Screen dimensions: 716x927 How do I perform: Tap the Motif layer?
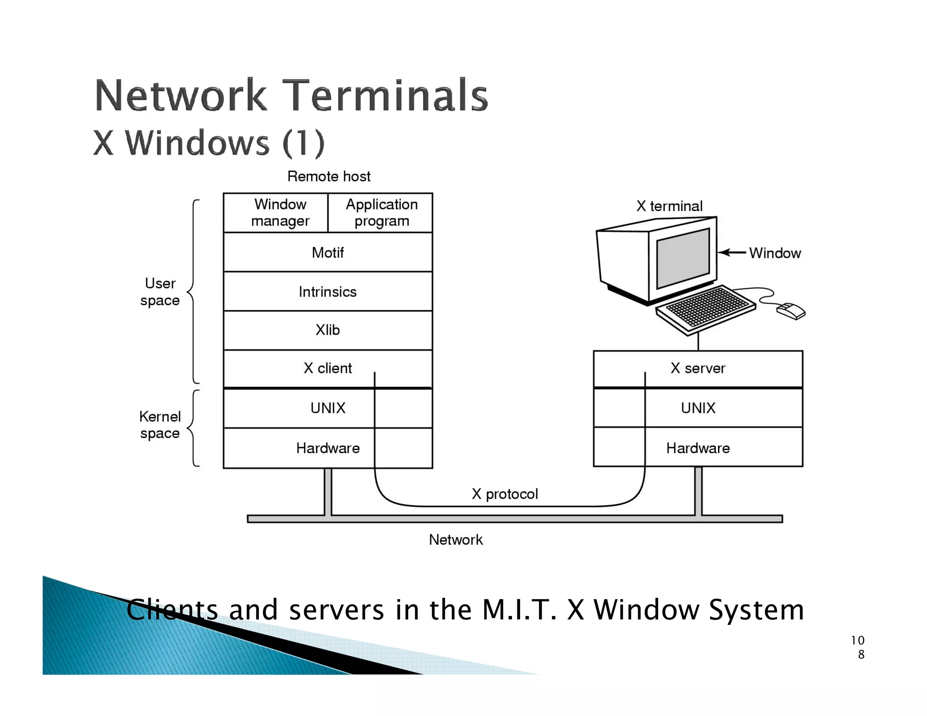click(328, 253)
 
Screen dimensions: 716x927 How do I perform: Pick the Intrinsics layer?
click(328, 292)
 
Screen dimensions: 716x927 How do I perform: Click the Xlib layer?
click(328, 330)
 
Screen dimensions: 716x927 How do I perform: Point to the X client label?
click(327, 368)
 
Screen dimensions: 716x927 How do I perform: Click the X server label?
click(698, 368)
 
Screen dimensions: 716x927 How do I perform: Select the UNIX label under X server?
click(698, 408)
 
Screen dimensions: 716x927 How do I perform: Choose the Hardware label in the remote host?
click(328, 449)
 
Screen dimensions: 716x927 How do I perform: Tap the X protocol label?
click(505, 494)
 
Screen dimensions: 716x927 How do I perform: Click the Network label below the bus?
click(456, 540)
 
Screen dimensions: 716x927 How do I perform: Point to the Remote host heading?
click(329, 177)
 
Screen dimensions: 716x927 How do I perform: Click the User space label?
click(160, 292)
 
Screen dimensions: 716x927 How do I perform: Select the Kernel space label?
click(160, 425)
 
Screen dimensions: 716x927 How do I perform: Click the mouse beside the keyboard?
click(791, 311)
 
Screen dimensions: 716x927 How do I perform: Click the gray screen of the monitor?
click(683, 258)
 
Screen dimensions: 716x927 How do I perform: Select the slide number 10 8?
click(858, 647)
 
